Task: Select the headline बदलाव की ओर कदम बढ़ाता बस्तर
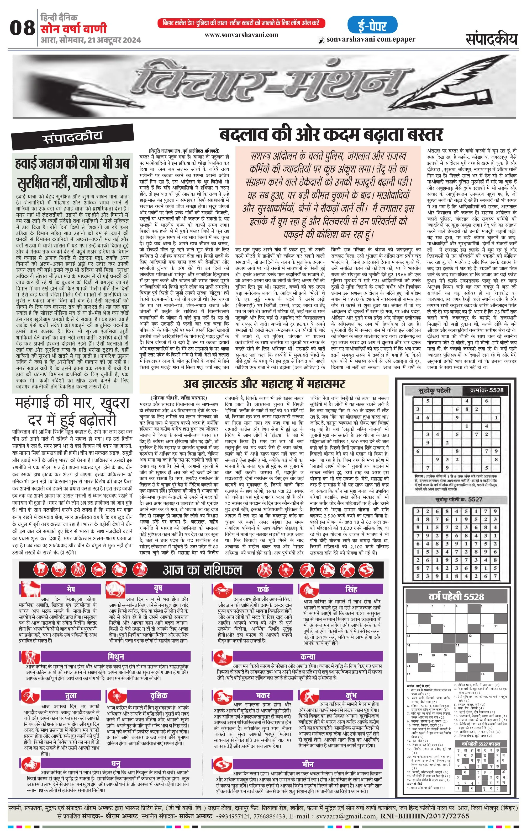(331, 135)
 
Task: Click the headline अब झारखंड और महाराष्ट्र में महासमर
(264, 384)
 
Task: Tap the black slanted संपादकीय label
(72, 138)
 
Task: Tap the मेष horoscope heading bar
(71, 589)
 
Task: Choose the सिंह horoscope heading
(351, 589)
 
